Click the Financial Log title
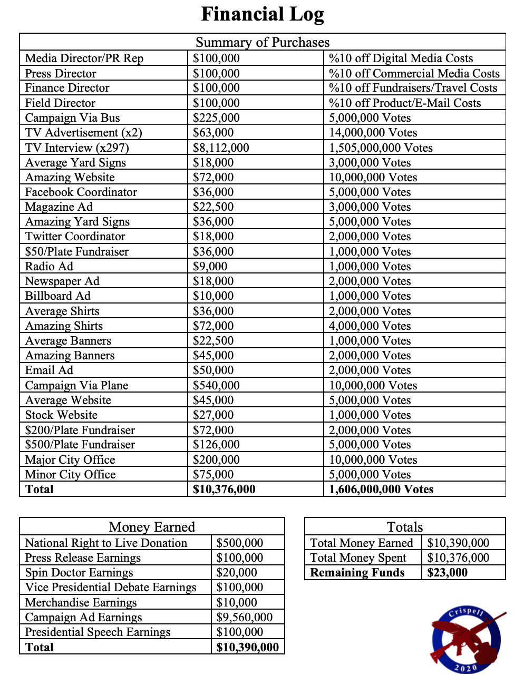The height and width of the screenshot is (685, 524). pyautogui.click(x=262, y=14)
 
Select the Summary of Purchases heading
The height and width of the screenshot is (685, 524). pyautogui.click(x=262, y=42)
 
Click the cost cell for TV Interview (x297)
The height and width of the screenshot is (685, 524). pyautogui.click(x=221, y=148)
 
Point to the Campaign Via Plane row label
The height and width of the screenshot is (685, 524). pyautogui.click(x=76, y=385)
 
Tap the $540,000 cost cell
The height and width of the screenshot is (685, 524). pyautogui.click(x=216, y=385)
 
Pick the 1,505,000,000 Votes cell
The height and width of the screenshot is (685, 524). pyautogui.click(x=381, y=148)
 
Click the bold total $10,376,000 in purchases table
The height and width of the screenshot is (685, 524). pyautogui.click(x=224, y=489)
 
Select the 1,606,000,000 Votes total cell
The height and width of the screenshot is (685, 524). pyautogui.click(x=381, y=489)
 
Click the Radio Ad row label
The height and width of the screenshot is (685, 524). pyautogui.click(x=49, y=266)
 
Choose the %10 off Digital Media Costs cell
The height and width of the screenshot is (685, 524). pyautogui.click(x=401, y=58)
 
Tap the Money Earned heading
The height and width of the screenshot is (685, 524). pyautogui.click(x=152, y=527)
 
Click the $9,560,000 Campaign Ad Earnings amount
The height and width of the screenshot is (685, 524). pyautogui.click(x=245, y=617)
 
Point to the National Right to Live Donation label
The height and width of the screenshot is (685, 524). pyautogui.click(x=106, y=543)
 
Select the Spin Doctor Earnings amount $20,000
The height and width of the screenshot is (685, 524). pyautogui.click(x=237, y=572)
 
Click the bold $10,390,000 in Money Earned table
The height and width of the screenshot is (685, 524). pyautogui.click(x=247, y=647)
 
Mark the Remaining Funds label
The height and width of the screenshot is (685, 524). pyautogui.click(x=357, y=572)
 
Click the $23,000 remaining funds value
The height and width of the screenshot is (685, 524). pyautogui.click(x=447, y=572)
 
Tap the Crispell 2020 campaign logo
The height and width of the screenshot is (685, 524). pyautogui.click(x=466, y=640)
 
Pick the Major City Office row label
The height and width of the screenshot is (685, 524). pyautogui.click(x=70, y=459)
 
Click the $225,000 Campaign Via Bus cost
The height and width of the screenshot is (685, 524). pyautogui.click(x=216, y=118)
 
